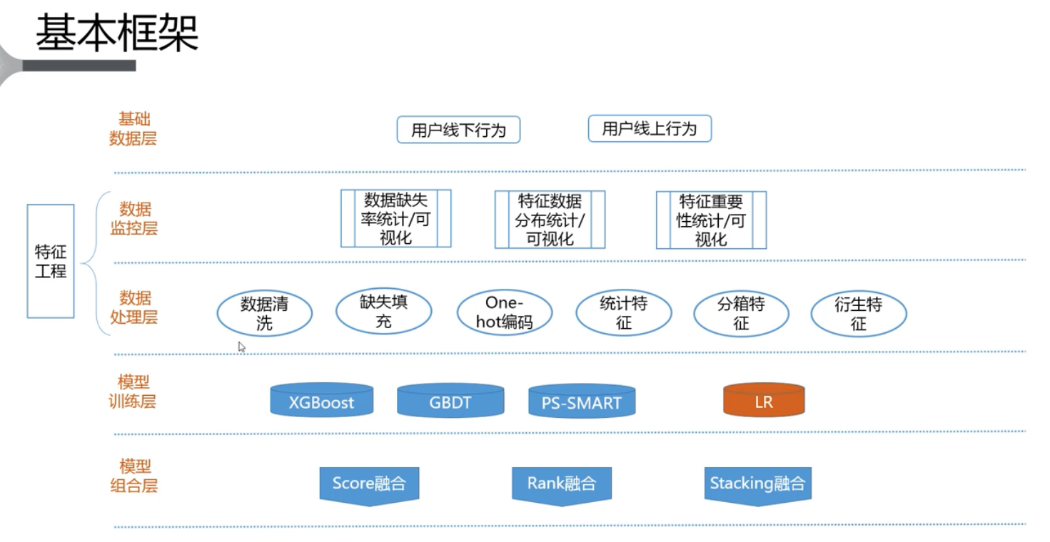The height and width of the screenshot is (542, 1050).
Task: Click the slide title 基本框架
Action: pos(117,33)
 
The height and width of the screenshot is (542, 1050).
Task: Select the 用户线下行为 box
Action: pos(458,130)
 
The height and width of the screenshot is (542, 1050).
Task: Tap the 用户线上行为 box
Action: pos(650,129)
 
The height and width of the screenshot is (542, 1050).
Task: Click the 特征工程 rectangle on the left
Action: pos(51,261)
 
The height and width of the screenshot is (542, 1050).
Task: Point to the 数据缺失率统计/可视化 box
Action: pos(395,219)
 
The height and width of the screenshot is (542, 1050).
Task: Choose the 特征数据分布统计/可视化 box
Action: pos(550,220)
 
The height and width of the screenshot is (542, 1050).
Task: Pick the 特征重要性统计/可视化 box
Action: pos(711,220)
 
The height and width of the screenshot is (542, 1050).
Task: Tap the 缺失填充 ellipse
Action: pos(383,312)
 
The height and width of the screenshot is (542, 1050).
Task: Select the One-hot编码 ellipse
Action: pos(504,312)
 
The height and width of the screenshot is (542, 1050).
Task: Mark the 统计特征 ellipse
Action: pos(623,313)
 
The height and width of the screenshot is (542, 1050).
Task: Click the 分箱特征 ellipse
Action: pos(741,313)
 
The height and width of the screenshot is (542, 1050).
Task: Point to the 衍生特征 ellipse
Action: pos(859,313)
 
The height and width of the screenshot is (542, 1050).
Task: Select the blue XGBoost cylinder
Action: pos(322,401)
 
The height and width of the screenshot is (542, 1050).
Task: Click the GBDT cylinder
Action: pos(450,401)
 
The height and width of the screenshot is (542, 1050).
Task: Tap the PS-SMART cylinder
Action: pos(582,402)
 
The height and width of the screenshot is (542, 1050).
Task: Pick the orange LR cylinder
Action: pos(764,401)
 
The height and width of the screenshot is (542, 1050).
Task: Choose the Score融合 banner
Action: pos(368,485)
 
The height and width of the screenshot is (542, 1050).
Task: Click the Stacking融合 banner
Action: pos(757,485)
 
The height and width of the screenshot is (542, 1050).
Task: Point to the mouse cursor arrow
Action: pos(241,347)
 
